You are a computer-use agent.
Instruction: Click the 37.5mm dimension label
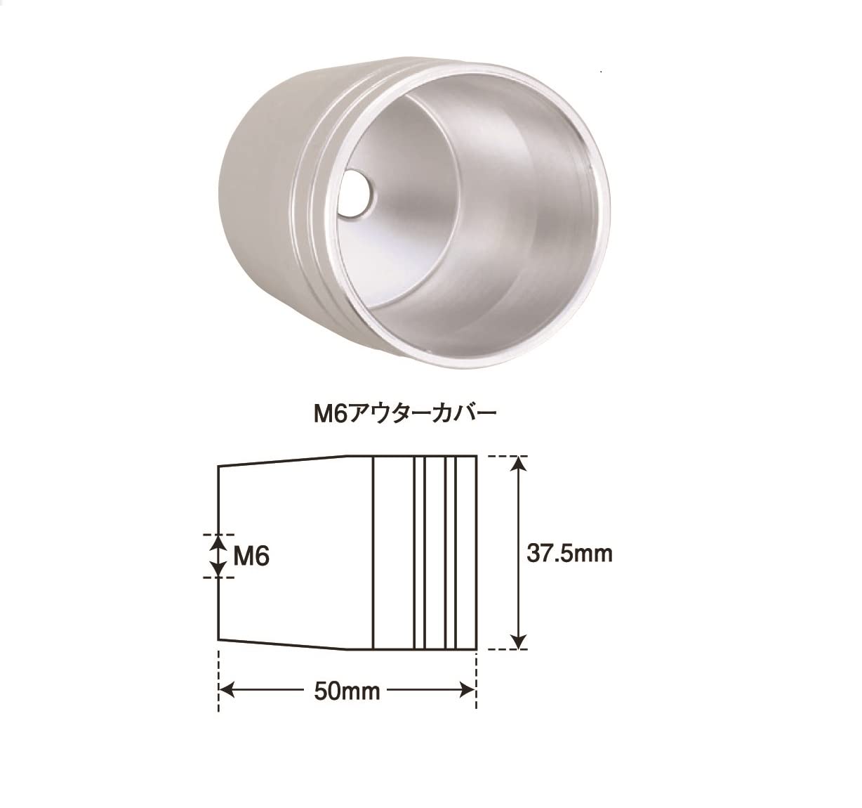(x=569, y=554)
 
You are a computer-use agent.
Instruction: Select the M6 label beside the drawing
(x=251, y=556)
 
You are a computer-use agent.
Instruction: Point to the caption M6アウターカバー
(x=405, y=415)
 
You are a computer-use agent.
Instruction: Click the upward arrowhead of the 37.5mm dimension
(x=519, y=464)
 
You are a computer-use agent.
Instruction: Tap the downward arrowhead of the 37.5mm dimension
(x=519, y=641)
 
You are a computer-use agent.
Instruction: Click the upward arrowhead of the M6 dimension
(x=218, y=542)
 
